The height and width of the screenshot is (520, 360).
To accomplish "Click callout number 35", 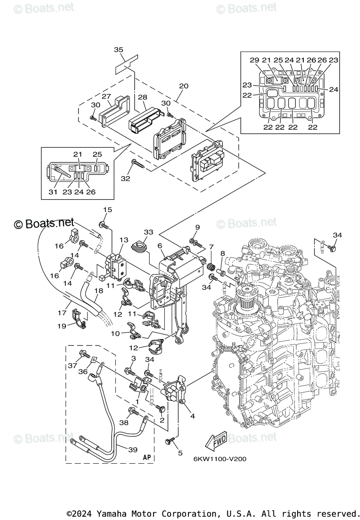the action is point(118,50).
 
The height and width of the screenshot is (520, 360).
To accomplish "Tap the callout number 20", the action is point(184,86).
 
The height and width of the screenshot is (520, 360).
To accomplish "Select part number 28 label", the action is point(143,97).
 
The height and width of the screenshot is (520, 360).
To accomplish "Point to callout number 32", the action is point(125,179).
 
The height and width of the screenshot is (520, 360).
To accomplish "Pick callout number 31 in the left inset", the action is point(53,192).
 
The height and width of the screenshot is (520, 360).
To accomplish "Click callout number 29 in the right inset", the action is point(254,60).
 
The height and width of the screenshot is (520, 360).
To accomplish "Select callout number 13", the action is point(124,240).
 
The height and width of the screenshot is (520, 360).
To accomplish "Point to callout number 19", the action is point(62,326).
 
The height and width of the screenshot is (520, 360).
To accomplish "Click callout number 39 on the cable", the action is point(133,450).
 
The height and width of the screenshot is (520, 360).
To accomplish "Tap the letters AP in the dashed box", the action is point(147,457).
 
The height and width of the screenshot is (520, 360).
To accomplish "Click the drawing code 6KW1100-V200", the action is point(220,459).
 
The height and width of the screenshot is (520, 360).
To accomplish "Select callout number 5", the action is point(180,453).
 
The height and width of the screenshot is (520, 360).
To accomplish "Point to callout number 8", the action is point(223,253).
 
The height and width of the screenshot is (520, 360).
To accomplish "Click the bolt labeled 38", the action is point(133,412).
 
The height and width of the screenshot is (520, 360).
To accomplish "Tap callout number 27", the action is point(106,96).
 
